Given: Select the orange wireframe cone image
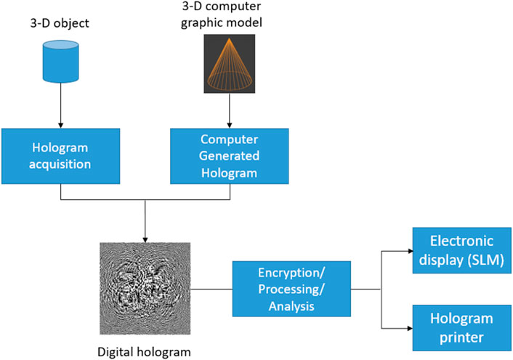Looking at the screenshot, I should point(230,65).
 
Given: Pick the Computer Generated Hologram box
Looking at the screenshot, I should point(229,155).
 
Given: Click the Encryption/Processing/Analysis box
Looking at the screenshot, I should point(291,289).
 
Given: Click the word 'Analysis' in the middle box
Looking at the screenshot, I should point(291,306).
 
